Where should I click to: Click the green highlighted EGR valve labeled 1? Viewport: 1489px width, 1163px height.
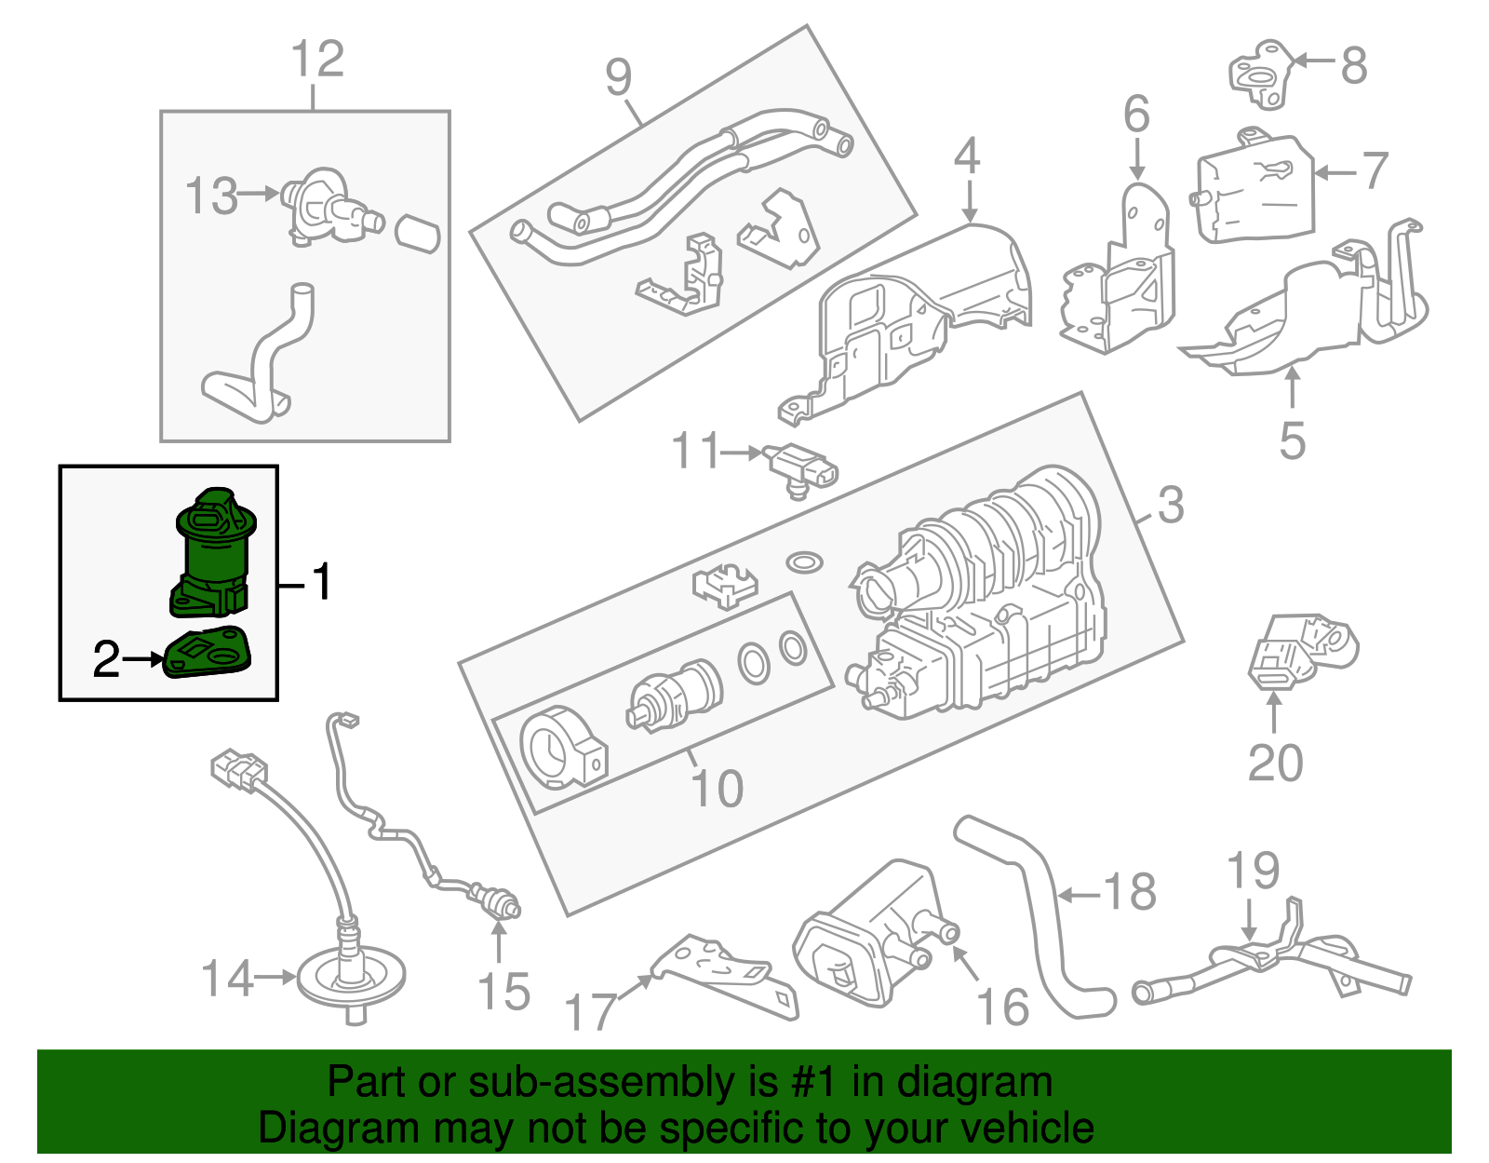point(212,554)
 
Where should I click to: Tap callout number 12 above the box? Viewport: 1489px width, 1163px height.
point(316,60)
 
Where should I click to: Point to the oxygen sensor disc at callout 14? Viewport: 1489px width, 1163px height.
point(352,978)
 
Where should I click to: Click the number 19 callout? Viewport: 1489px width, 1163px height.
point(1253,871)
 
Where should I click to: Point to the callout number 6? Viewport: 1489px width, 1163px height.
point(1136,115)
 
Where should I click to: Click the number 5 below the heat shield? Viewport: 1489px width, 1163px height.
point(1292,440)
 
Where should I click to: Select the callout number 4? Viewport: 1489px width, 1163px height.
point(967,156)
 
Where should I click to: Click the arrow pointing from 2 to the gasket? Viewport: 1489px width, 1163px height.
point(142,659)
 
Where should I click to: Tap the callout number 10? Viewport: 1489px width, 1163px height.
point(717,788)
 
